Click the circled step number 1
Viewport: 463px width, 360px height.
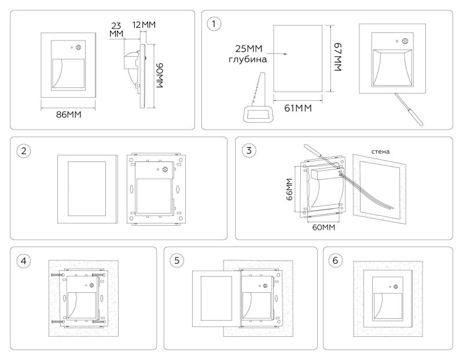click(x=214, y=24)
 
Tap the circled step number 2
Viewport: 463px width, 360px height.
click(x=24, y=151)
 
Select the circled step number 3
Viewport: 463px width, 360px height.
click(x=249, y=150)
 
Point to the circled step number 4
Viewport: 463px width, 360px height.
click(x=24, y=261)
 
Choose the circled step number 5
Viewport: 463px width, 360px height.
click(x=177, y=260)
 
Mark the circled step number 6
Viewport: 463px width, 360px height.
click(x=335, y=260)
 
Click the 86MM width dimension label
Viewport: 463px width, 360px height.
click(x=68, y=115)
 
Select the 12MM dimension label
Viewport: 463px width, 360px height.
click(x=144, y=25)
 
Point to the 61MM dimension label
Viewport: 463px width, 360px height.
click(x=298, y=108)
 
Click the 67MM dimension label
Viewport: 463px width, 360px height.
click(x=338, y=57)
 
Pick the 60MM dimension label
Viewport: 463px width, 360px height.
click(x=324, y=227)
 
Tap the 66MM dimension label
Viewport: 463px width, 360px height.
click(x=289, y=189)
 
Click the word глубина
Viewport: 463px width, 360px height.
click(x=248, y=60)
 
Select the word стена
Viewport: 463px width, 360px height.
click(x=380, y=152)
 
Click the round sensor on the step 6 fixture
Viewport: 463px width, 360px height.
click(x=395, y=286)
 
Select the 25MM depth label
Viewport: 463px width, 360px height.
click(x=249, y=49)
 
